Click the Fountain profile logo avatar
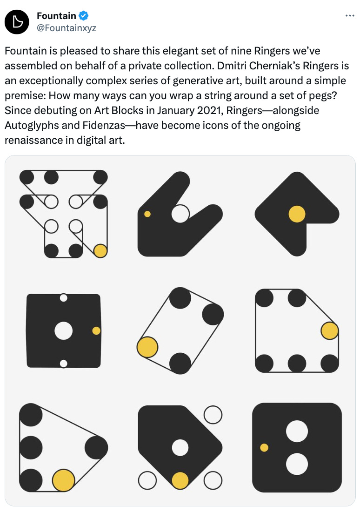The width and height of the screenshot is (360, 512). coord(17,22)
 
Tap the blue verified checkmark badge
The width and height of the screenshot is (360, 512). coord(84,15)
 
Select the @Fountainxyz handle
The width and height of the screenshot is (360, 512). coord(67,28)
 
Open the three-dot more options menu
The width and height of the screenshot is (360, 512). coord(350,16)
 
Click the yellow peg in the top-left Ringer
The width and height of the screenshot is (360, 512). coord(100,251)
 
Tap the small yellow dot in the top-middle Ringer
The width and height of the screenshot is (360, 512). coord(147,214)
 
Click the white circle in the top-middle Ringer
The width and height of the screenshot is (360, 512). coord(180,214)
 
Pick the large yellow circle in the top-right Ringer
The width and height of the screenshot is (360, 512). coord(297,214)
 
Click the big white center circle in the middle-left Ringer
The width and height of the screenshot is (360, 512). coord(63,331)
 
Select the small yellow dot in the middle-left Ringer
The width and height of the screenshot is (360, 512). coord(96,331)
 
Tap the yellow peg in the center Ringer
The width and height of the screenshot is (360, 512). coord(147,347)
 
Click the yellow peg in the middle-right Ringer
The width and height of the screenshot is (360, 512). coord(330,331)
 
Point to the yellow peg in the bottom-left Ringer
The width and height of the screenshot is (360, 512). coord(64,480)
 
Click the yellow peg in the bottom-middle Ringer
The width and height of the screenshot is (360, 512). coord(180,481)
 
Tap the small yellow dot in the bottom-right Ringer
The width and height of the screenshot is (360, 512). coord(264,448)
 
